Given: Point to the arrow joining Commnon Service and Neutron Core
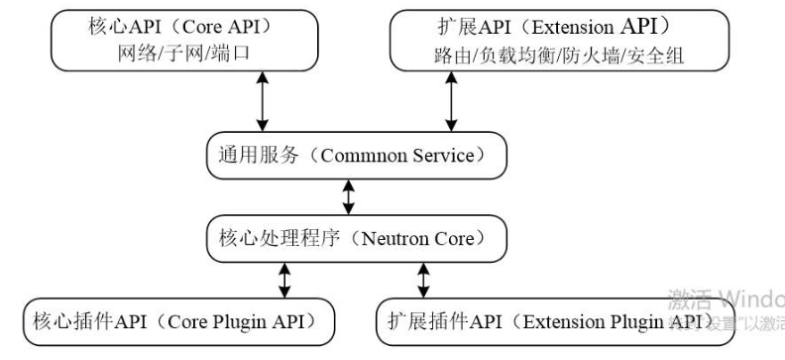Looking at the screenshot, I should (x=347, y=196).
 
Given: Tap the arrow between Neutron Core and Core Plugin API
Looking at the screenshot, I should (x=285, y=280).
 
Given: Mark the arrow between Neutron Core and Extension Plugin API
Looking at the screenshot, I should (x=421, y=280).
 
